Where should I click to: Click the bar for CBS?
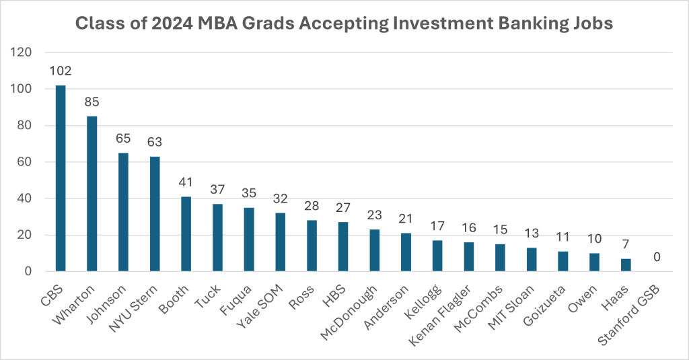61,178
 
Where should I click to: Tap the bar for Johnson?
123,212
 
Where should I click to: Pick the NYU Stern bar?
155,214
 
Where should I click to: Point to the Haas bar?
626,265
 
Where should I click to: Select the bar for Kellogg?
437,256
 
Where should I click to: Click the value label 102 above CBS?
61,71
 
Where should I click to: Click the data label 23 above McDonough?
375,216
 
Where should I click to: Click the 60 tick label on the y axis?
26,162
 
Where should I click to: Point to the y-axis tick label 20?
26,235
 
